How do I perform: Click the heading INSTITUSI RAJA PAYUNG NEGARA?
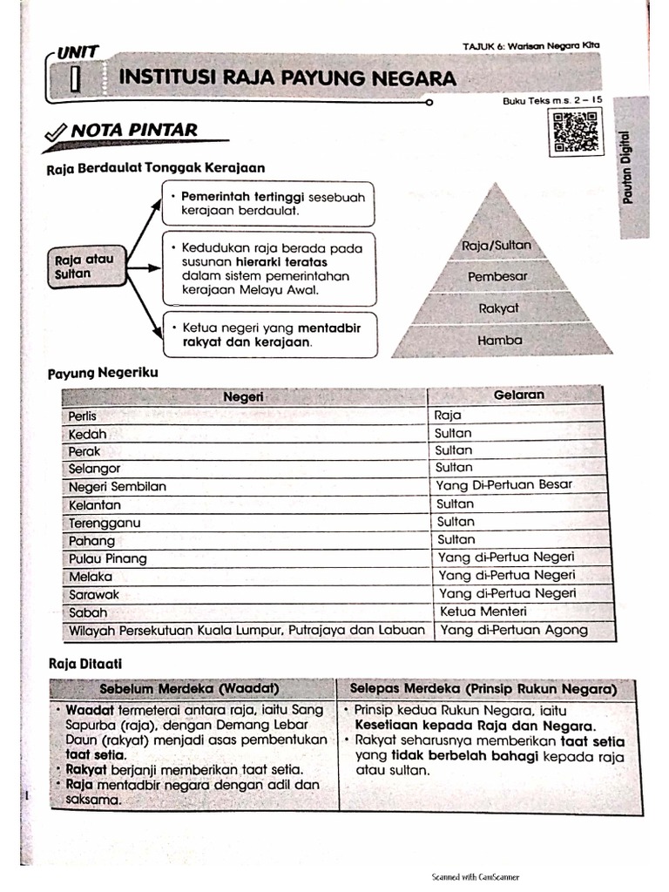point(287,78)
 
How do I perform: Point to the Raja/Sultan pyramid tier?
point(497,247)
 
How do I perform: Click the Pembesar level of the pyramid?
point(497,277)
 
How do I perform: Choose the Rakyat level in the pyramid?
point(498,308)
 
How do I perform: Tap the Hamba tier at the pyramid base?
point(499,341)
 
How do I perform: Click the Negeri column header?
point(243,397)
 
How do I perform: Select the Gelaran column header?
point(518,395)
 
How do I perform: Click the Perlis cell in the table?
point(83,416)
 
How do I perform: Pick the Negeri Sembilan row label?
point(117,487)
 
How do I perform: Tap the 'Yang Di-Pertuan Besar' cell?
point(505,484)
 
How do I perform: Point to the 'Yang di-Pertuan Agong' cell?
point(513,630)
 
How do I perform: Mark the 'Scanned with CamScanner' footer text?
point(475,877)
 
